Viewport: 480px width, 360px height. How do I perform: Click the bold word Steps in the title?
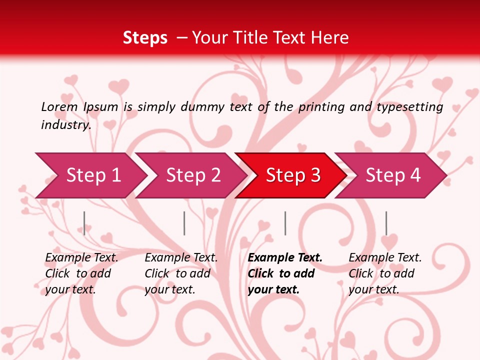[x=145, y=38]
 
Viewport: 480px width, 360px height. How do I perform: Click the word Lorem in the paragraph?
[x=59, y=106]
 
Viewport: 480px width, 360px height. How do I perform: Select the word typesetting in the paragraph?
[x=409, y=107]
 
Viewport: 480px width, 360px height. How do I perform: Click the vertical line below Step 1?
[x=84, y=223]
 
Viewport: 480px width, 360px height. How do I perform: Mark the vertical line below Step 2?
[x=184, y=223]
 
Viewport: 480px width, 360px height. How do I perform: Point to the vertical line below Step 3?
[x=285, y=223]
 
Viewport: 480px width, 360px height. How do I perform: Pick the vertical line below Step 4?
[x=386, y=223]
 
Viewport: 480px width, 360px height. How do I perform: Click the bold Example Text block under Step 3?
[x=285, y=273]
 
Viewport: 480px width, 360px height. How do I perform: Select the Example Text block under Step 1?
[x=81, y=273]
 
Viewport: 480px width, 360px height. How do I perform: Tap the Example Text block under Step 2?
[x=181, y=273]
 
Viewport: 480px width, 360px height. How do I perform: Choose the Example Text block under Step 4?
[x=385, y=273]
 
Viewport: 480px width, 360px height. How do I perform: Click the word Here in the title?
[x=329, y=38]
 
